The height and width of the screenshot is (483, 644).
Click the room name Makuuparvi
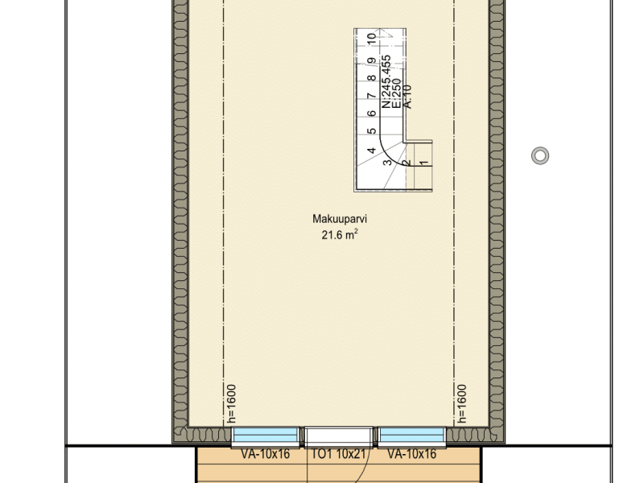coord(339,219)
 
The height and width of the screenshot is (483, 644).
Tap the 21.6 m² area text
coord(339,234)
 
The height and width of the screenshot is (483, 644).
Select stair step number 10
coord(372,39)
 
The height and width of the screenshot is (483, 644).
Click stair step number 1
coord(424,163)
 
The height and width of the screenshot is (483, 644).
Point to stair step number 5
coord(372,131)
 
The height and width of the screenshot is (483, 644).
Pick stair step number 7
coord(372,96)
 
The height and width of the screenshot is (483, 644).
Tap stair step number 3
coord(387,163)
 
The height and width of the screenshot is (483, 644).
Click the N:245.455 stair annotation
coord(386,82)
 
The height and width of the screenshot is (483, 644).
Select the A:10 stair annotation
coord(407,97)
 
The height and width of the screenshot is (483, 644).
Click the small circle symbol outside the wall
coord(540,155)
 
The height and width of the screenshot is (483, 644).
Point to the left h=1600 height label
coord(232,404)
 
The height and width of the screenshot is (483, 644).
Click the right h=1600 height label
coord(461,404)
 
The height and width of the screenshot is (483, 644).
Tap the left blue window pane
coord(266,436)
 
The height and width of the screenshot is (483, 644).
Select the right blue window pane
coord(411,436)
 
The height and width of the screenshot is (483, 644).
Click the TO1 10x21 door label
coord(338,454)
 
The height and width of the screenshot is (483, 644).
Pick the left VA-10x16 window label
coord(266,454)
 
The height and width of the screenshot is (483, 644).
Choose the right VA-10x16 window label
coord(412,454)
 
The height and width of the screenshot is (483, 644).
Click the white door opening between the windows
coord(338,436)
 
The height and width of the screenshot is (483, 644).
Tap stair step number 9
coord(372,61)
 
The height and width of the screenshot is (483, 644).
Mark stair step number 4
coord(372,151)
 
